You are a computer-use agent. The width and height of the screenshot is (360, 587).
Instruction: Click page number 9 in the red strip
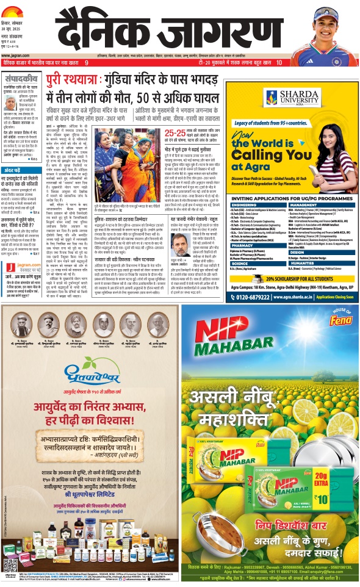pos(87,63)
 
